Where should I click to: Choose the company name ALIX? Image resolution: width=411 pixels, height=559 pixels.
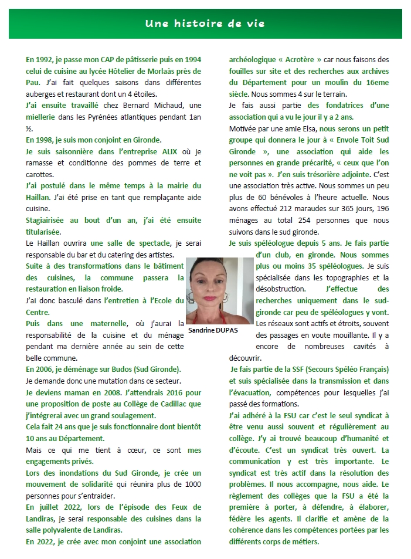pos(169,151)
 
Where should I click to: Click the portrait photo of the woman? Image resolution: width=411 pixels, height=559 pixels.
pos(219,290)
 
